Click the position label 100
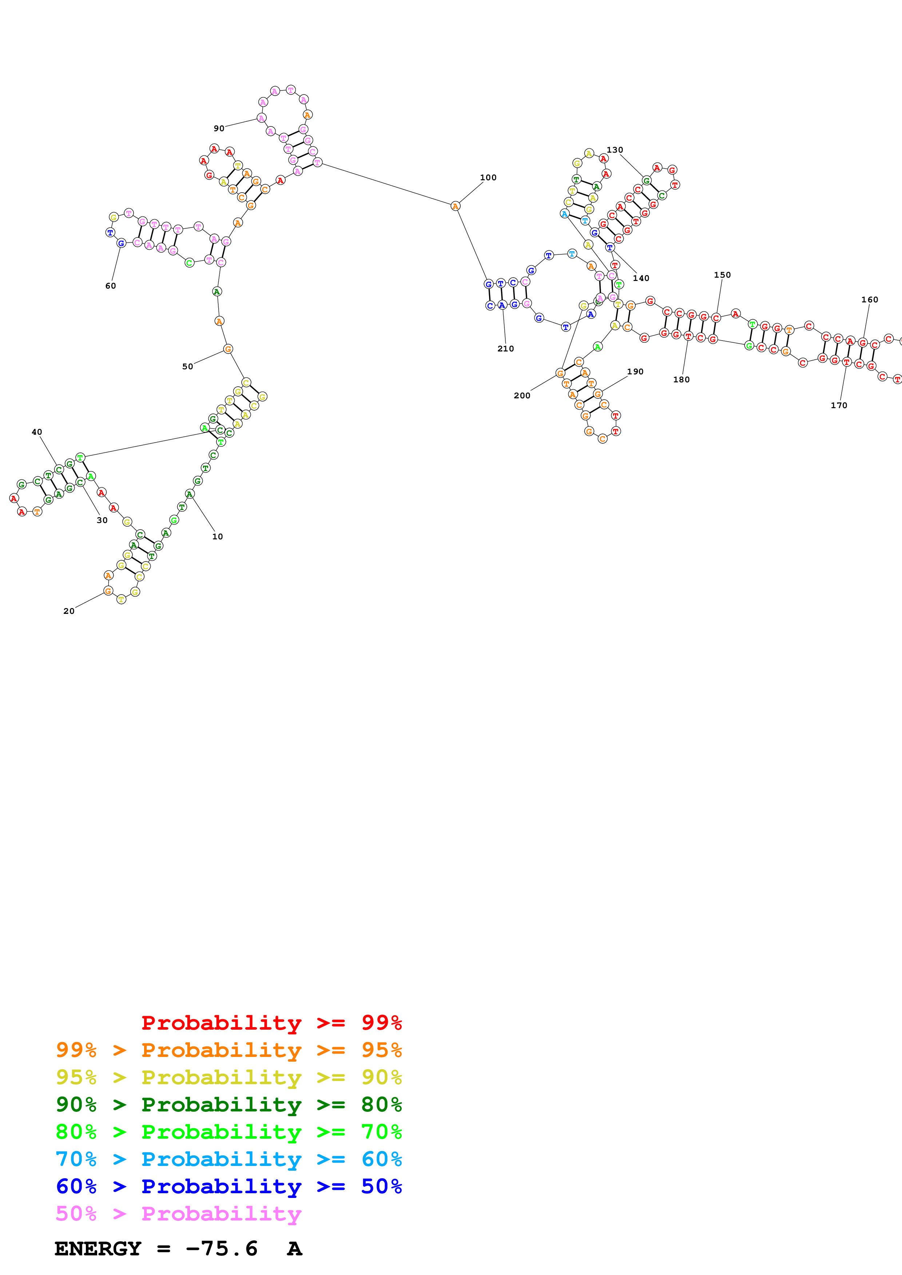(488, 178)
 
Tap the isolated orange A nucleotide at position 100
(455, 206)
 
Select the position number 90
(219, 128)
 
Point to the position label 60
(111, 286)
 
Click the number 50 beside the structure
(187, 366)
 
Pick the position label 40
(37, 432)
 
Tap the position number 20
(69, 611)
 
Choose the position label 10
(217, 536)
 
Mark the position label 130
(615, 150)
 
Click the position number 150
(722, 275)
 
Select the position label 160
(869, 300)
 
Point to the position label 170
(839, 405)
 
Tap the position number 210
(505, 349)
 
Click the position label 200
(522, 395)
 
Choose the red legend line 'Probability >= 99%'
(271, 1022)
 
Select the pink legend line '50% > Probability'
(178, 1213)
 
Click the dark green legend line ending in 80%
(229, 1105)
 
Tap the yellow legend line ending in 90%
(229, 1077)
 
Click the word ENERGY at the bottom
(98, 1248)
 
